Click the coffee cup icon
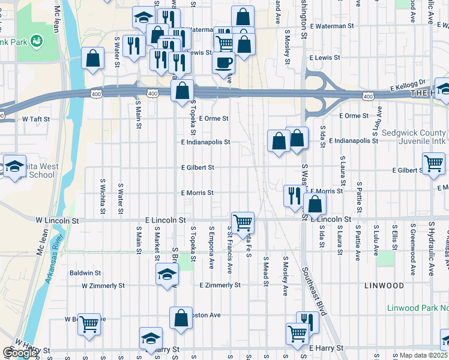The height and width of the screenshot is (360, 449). click(224, 62)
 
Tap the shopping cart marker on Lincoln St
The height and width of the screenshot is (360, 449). click(243, 223)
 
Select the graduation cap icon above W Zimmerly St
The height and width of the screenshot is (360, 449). click(167, 274)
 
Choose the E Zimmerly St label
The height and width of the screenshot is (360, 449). click(220, 285)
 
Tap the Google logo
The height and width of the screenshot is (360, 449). click(20, 353)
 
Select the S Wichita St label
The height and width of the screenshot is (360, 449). click(103, 196)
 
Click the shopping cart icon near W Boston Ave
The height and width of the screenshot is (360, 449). click(89, 323)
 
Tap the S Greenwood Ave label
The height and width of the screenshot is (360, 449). click(413, 240)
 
